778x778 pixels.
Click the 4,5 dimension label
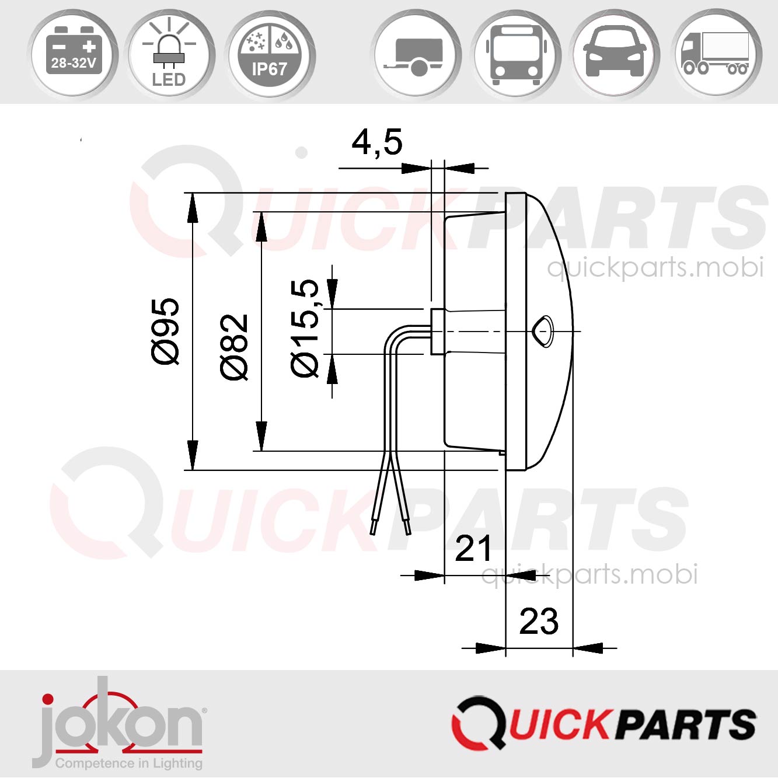pos(377,142)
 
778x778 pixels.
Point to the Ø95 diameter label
pos(166,331)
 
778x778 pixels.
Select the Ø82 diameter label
pos(235,347)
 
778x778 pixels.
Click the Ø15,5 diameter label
pos(305,328)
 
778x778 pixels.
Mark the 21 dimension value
pos(473,548)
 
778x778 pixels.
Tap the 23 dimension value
pos(539,621)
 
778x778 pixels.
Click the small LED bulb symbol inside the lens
pos(543,331)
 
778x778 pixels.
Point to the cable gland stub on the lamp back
pos(437,331)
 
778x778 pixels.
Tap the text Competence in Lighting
pos(128,763)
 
